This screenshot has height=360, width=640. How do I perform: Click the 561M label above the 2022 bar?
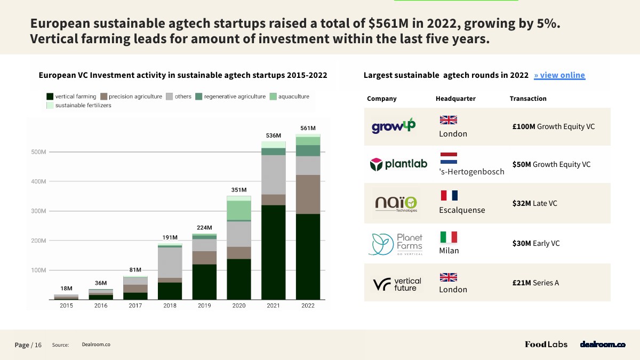[x=308, y=128]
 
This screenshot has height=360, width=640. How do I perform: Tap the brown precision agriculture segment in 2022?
[x=308, y=194]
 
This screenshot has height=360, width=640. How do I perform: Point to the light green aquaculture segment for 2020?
[x=239, y=210]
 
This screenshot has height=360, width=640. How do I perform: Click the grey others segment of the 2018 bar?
[x=170, y=262]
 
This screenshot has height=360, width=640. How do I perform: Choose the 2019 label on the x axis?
[x=204, y=306]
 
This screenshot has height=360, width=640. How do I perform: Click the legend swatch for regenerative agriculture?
[x=198, y=97]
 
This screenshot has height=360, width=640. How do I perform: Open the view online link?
[x=559, y=75]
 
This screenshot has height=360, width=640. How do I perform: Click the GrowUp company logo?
[x=394, y=126]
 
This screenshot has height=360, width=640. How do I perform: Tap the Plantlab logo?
[x=398, y=164]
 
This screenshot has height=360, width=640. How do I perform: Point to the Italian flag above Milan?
[x=449, y=237]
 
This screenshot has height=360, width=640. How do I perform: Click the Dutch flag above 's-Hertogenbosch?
[x=449, y=158]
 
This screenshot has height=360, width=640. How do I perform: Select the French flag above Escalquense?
[x=449, y=196]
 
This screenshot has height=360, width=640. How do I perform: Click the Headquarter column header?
[x=455, y=99]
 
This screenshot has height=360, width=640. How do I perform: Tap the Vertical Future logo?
[x=397, y=284]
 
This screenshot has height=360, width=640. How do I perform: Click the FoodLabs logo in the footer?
[x=546, y=345]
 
